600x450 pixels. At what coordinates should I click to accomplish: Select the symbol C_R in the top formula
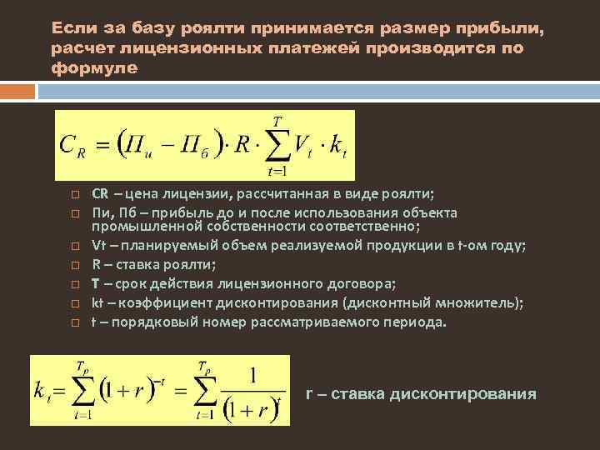(x=73, y=146)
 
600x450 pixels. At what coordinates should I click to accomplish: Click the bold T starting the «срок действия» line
(x=96, y=282)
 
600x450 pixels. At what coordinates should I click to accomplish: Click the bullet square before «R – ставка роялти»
(x=74, y=266)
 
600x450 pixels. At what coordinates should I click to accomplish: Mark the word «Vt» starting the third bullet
(x=98, y=245)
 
